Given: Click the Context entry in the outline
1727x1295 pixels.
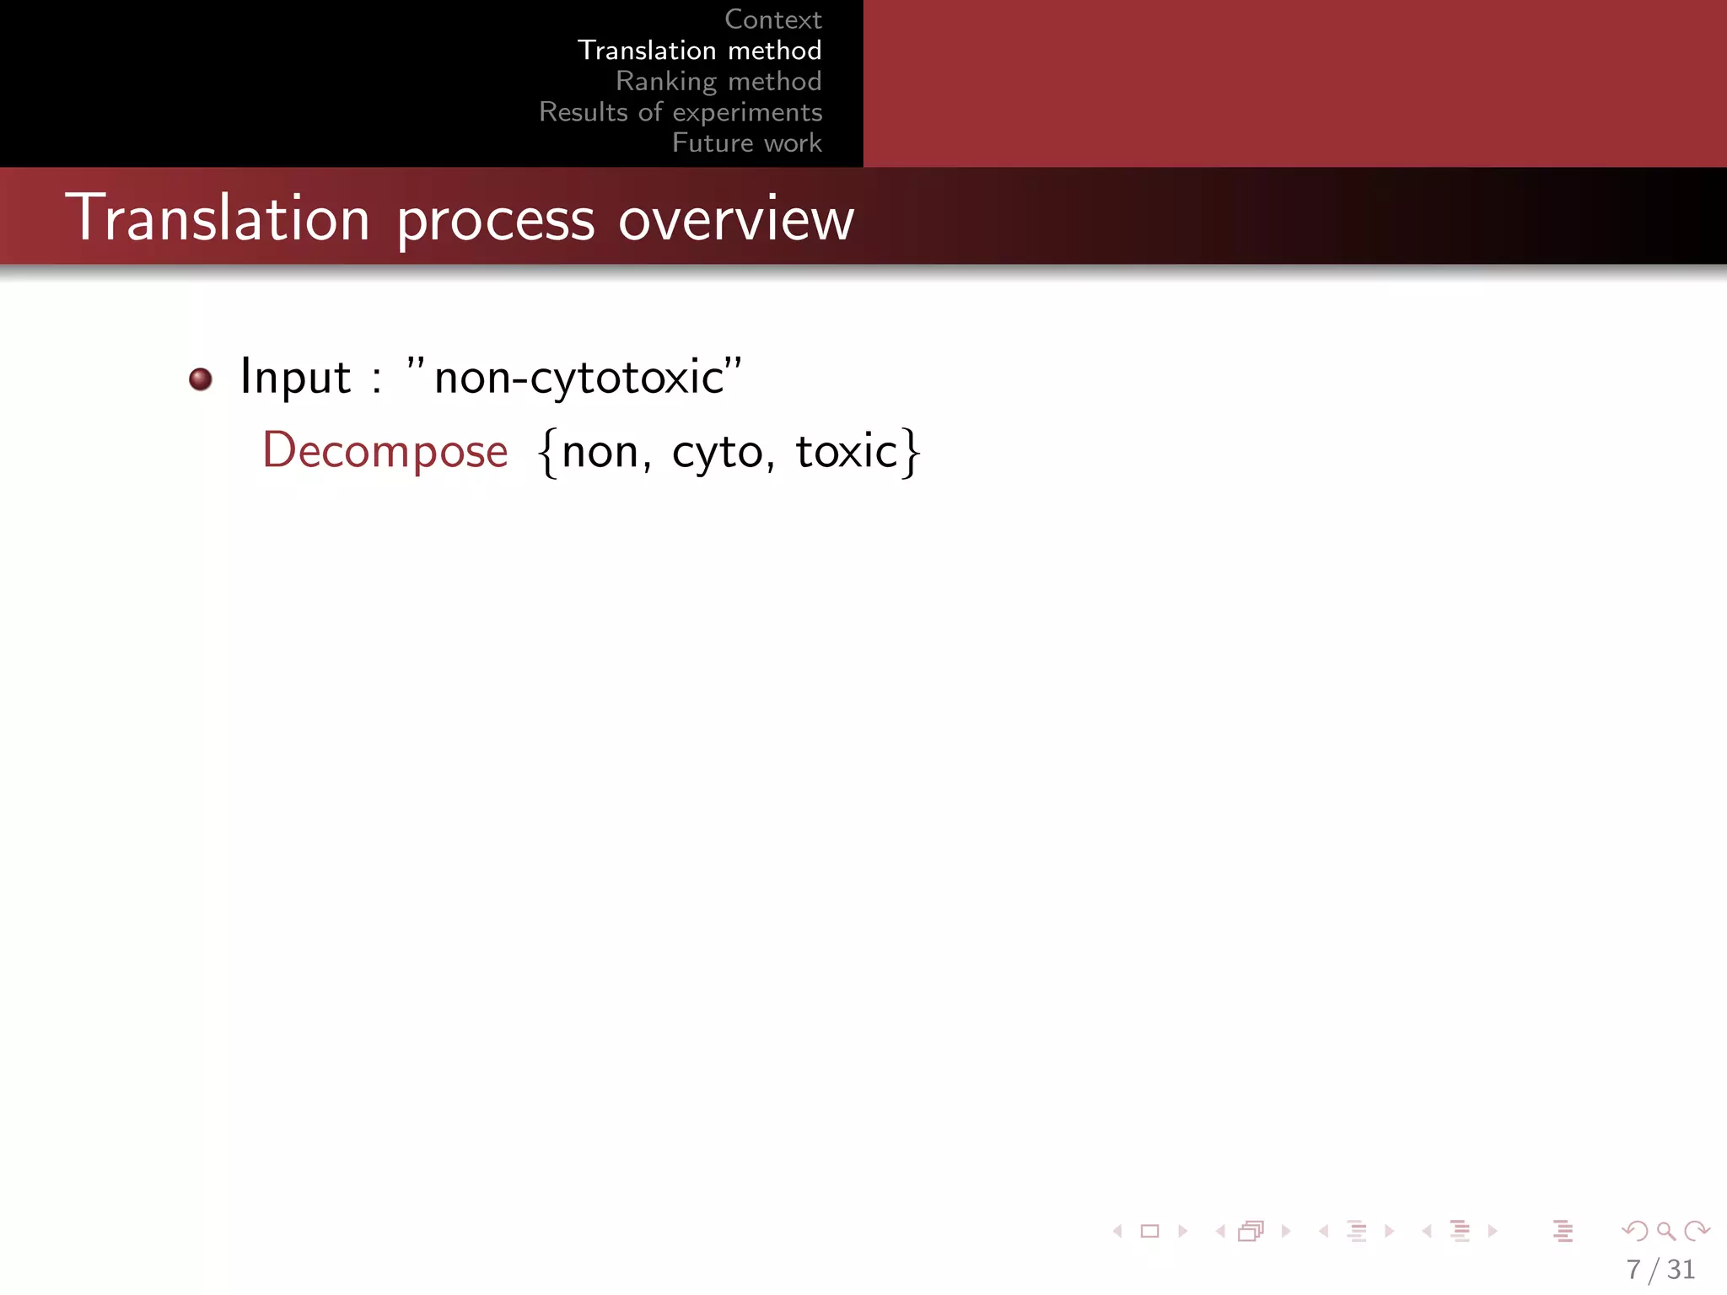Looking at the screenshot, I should point(772,19).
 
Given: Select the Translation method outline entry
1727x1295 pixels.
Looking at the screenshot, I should point(699,51).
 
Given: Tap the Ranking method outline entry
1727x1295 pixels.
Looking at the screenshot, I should point(718,82).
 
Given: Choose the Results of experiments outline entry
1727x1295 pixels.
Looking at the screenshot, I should point(681,112).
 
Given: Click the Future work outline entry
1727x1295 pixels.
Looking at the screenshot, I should point(746,143).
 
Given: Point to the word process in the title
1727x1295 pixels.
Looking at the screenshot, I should point(496,221).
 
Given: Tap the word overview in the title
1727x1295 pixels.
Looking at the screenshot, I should point(736,220).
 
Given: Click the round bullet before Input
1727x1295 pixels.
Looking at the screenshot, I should point(201,379).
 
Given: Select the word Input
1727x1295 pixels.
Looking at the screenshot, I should point(295,377).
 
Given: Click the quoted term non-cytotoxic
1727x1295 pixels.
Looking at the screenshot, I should point(578,377).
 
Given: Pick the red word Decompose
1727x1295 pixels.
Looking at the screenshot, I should point(385,451).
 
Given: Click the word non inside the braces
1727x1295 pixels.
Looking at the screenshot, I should point(600,452).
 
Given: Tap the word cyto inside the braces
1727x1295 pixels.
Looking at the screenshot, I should point(718,453).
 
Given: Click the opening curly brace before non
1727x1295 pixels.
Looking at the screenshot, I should point(548,453).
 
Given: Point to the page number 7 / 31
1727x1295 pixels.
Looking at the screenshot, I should point(1660,1269).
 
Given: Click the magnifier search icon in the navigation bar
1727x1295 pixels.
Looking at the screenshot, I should point(1665,1232).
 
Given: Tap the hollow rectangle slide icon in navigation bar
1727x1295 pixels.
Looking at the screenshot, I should point(1149,1232).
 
